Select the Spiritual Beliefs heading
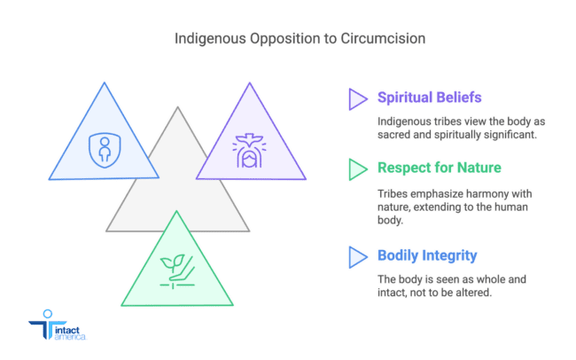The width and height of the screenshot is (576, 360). [429, 98]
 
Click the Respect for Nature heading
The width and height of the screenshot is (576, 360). [438, 168]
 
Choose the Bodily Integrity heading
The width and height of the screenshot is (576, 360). [427, 255]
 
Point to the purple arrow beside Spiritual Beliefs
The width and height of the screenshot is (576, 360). [357, 98]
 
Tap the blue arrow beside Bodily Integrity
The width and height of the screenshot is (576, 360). [357, 256]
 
